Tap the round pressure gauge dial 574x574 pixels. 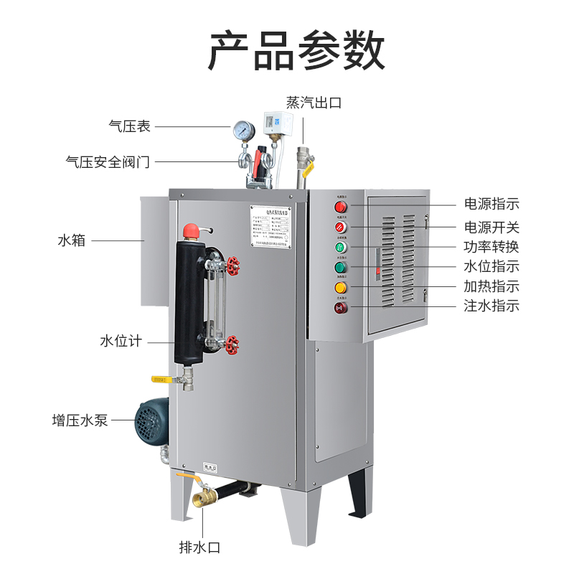pos(243,130)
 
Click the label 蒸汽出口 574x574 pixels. pos(314,103)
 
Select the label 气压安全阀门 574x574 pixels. pos(108,162)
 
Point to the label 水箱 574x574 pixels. pos(71,240)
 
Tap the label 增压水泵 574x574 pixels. pos(80,420)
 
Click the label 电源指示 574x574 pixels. pos(491,204)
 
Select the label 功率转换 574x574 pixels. pos(491,247)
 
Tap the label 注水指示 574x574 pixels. pos(491,306)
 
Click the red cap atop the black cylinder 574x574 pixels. pos(191,231)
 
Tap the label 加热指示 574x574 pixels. pos(491,286)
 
